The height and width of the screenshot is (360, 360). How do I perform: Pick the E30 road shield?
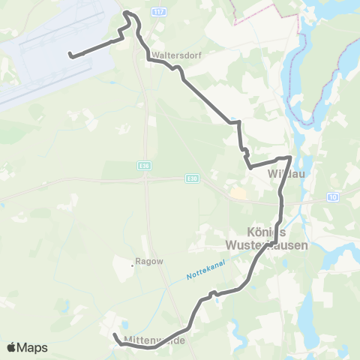pyautogui.click(x=192, y=178)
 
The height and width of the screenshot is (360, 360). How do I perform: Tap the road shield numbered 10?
pyautogui.click(x=332, y=196)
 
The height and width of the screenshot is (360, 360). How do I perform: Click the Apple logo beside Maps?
pyautogui.click(x=11, y=347)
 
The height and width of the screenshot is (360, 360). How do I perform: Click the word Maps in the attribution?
pyautogui.click(x=33, y=347)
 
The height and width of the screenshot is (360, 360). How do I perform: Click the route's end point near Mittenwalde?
pyautogui.click(x=114, y=335)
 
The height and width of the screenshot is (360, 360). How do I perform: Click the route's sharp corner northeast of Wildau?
pyautogui.click(x=289, y=157)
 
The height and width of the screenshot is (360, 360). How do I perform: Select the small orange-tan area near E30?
pyautogui.click(x=239, y=193)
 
